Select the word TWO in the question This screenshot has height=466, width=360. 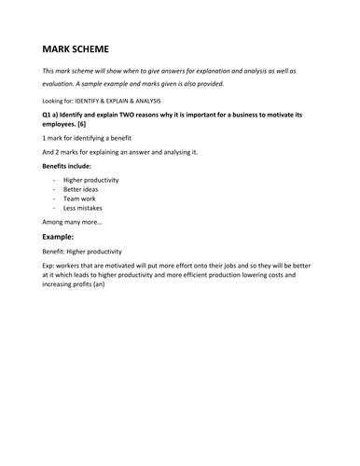pos(138,115)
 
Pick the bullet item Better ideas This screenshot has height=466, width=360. pos(80,189)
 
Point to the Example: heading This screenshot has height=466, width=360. pos(62,237)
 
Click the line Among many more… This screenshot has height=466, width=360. pos(73,223)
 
